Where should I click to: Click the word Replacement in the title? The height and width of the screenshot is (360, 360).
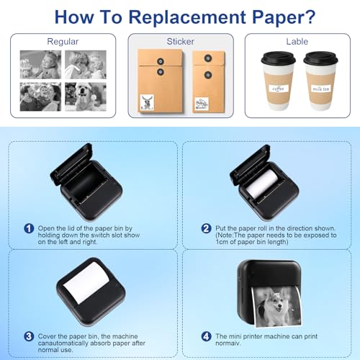187,17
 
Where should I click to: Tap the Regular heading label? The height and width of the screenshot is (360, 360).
63,42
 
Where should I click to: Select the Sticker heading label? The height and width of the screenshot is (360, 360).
181,41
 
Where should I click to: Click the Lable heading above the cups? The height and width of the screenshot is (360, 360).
297,41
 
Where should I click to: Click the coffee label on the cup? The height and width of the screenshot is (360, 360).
279,89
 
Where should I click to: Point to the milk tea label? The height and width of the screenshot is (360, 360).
320,89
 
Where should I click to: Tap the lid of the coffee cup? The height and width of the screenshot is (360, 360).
278,58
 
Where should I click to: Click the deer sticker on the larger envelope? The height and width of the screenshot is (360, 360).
147,102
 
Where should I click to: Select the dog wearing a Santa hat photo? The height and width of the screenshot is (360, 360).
86,96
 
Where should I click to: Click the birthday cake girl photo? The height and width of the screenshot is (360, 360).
40,65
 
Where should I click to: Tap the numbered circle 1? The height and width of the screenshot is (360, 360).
29,228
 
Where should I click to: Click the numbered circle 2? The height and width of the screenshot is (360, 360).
206,228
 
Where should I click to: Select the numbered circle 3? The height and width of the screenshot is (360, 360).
29,336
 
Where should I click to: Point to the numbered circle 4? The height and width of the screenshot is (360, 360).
206,336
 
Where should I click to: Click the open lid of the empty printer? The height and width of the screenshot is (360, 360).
70,163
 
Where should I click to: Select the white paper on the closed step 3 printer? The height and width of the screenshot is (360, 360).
85,282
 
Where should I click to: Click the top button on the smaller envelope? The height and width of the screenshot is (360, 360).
208,58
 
